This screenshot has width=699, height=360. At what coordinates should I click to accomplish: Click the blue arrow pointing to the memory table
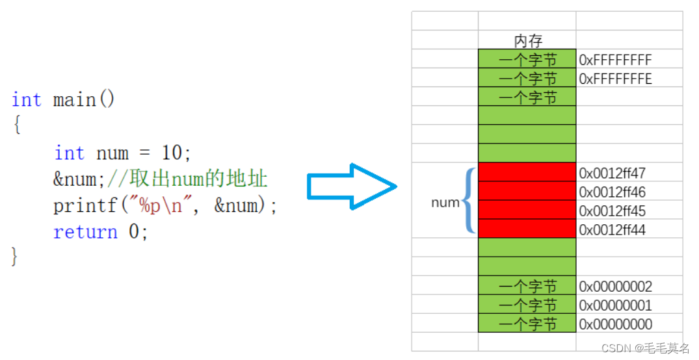[x=352, y=187]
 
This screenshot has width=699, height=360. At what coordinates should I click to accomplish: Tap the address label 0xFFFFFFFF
[x=615, y=60]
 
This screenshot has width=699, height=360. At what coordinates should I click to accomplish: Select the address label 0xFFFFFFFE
[x=615, y=79]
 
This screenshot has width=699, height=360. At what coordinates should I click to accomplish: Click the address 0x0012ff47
[x=612, y=174]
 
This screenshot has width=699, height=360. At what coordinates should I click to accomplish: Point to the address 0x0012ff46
[x=612, y=192]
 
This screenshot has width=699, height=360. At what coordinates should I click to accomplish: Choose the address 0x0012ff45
[x=612, y=211]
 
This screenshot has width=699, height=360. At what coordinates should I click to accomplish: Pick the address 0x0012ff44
[x=612, y=230]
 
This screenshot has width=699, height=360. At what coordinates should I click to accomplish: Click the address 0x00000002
[x=615, y=287]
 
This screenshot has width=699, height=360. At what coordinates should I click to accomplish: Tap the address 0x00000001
[x=615, y=305]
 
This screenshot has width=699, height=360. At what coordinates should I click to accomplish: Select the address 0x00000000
[x=615, y=324]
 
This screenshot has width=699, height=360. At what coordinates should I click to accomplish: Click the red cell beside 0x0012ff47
[x=527, y=172]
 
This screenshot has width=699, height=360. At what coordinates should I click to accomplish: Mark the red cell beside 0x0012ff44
[x=527, y=229]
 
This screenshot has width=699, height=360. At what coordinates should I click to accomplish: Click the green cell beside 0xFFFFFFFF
[x=527, y=59]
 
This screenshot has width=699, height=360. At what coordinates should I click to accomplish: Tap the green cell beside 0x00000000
[x=527, y=324]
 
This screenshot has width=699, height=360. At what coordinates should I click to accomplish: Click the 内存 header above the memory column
[x=527, y=41]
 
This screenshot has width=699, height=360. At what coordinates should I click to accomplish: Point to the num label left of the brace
[x=445, y=203]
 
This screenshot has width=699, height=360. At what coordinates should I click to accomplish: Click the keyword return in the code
[x=85, y=232]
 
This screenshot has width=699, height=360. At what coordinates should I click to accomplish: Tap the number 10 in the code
[x=172, y=153]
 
